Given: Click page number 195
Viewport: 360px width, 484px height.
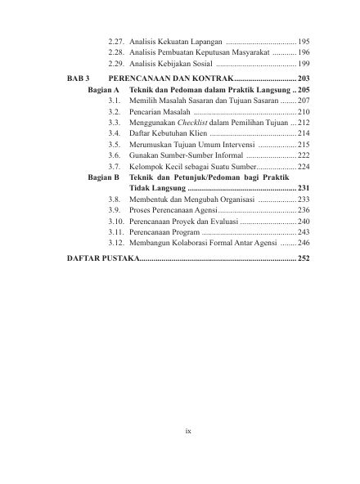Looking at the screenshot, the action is click(304, 40).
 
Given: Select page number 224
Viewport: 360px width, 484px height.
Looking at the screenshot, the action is click(304, 165).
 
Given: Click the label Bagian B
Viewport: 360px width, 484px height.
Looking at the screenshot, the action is click(104, 177).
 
